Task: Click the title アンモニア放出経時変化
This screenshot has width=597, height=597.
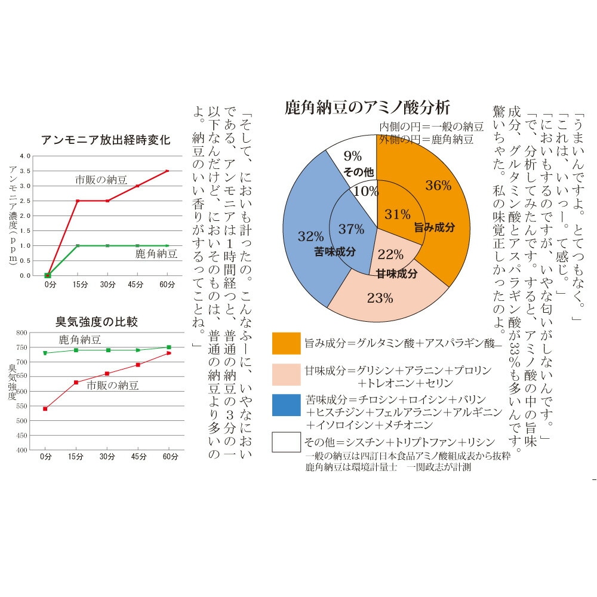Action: tap(106, 140)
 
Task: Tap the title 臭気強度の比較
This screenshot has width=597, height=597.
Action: tap(97, 322)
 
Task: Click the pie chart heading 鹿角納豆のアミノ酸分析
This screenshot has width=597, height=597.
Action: tap(367, 109)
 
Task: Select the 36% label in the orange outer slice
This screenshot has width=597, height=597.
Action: tap(438, 186)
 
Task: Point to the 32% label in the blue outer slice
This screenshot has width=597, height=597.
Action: tap(310, 236)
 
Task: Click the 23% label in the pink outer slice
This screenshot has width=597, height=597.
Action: tap(380, 298)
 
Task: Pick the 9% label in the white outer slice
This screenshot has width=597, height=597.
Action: tap(353, 156)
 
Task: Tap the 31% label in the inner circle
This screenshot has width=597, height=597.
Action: tap(397, 214)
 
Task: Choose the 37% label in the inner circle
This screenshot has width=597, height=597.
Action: tap(351, 229)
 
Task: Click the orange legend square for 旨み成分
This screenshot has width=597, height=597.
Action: tap(286, 343)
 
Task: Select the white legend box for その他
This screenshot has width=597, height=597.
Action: tap(286, 442)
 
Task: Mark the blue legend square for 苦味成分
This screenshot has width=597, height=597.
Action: tap(286, 405)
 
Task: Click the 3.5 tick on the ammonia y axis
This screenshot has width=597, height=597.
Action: tap(25, 171)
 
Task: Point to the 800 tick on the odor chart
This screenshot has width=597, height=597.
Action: tap(21, 333)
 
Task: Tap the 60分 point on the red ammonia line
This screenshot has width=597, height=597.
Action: tap(168, 171)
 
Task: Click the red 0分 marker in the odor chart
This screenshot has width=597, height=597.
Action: tap(45, 409)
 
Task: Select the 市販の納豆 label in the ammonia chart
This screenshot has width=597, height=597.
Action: tap(101, 179)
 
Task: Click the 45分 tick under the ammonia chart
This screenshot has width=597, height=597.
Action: tap(137, 285)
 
